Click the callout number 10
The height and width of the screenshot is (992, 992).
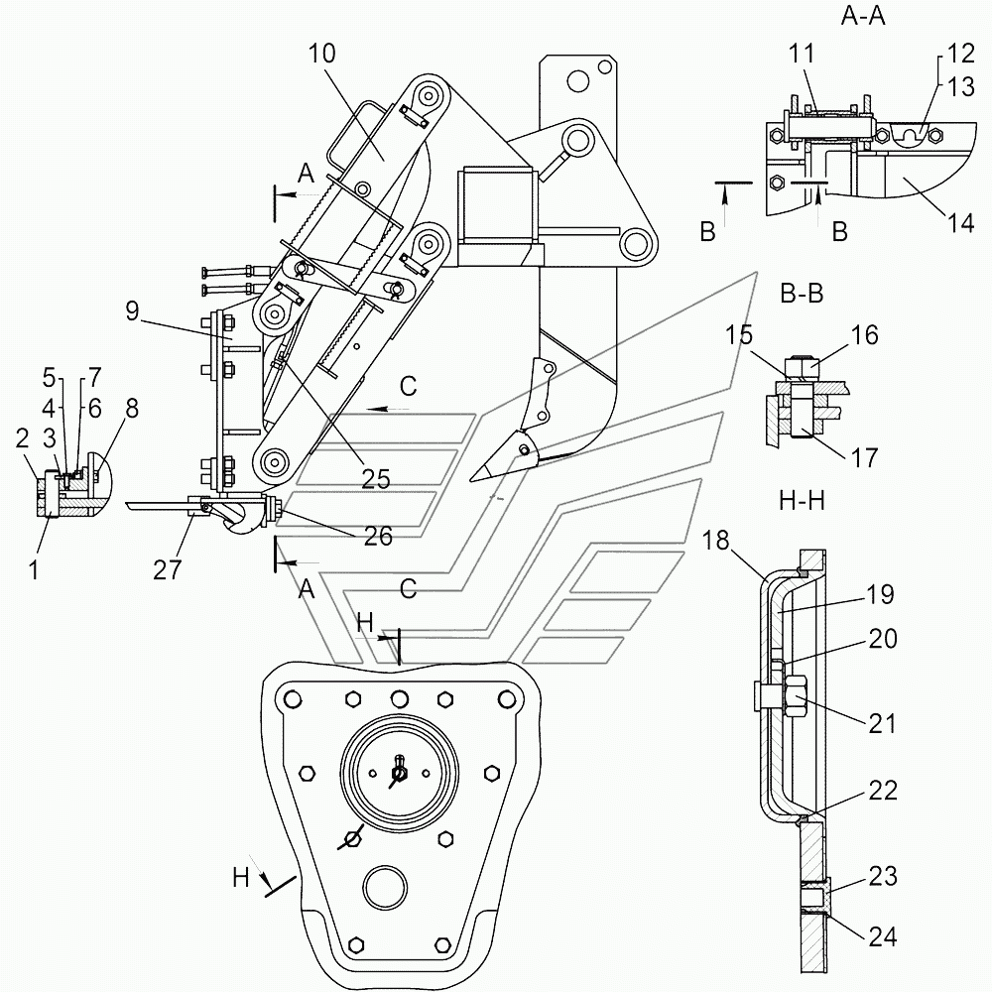[321, 54]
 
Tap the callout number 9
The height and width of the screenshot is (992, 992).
[132, 310]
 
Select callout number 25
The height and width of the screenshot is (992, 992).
[376, 479]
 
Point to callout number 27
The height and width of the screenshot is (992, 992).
[167, 569]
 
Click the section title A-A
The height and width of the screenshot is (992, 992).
[863, 16]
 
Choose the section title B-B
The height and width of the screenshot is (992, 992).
[802, 294]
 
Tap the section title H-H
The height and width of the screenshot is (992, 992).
[802, 501]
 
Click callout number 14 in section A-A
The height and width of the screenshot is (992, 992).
[960, 222]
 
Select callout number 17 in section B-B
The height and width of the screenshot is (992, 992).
[864, 457]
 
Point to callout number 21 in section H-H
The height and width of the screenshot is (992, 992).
[882, 723]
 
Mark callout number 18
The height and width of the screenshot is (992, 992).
[715, 541]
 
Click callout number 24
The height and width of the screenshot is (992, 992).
[883, 936]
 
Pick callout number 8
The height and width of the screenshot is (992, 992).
[132, 408]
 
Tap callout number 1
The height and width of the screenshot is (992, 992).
[34, 570]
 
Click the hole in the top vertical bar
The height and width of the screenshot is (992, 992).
[577, 80]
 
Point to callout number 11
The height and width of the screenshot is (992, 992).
[802, 54]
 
